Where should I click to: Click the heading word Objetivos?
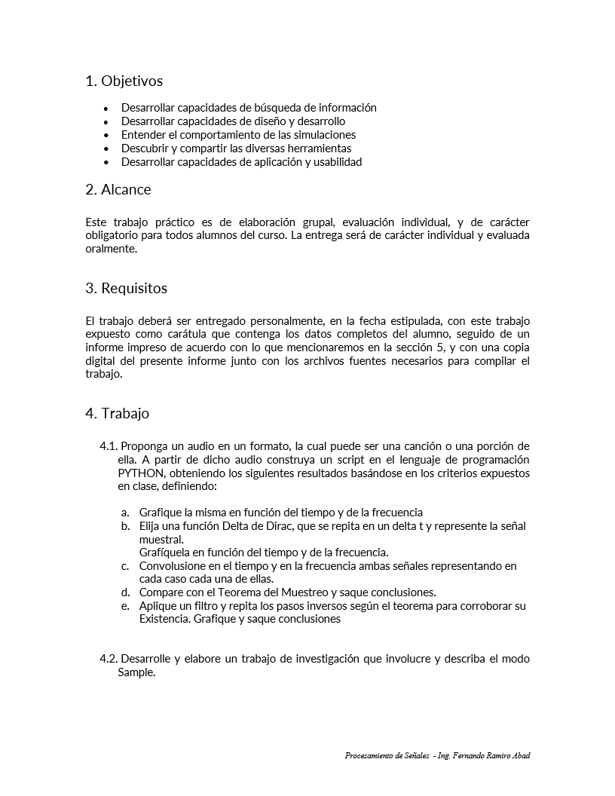point(132,81)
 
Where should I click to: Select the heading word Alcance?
point(126,189)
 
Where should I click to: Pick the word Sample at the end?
point(135,673)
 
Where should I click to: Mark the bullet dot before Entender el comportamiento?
point(106,135)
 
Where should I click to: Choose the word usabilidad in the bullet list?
point(335,162)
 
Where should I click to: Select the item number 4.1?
point(109,446)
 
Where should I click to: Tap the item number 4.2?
point(109,659)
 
